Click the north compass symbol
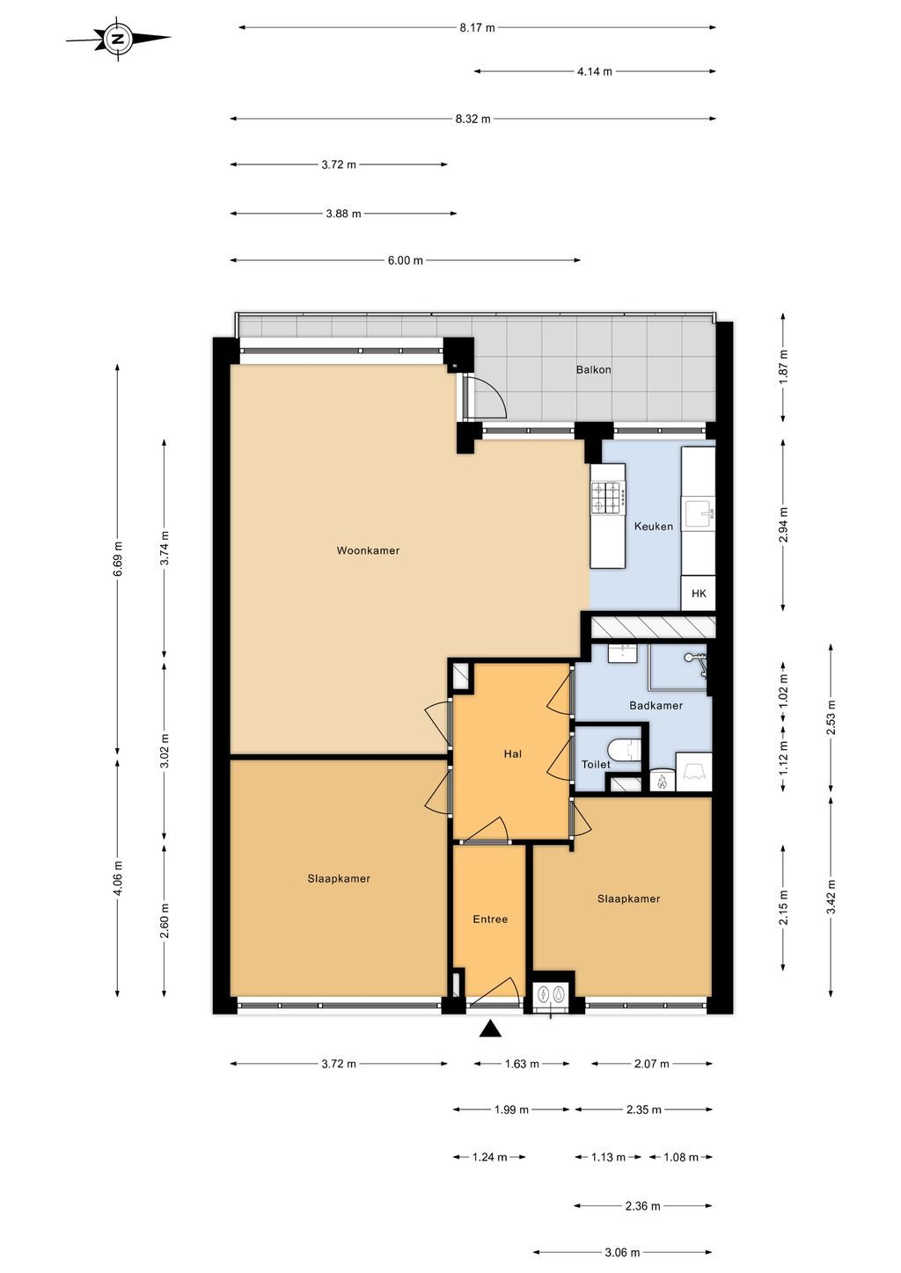point(118,39)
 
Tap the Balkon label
point(593,370)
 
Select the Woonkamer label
point(368,551)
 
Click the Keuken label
point(654,527)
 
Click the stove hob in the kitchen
point(607,498)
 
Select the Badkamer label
point(656,706)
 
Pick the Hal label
point(512,754)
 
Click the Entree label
point(490,920)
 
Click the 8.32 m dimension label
point(472,119)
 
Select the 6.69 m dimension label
point(118,559)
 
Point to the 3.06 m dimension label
point(622,1253)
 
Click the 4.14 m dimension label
point(595,72)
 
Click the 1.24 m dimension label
point(489,1158)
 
